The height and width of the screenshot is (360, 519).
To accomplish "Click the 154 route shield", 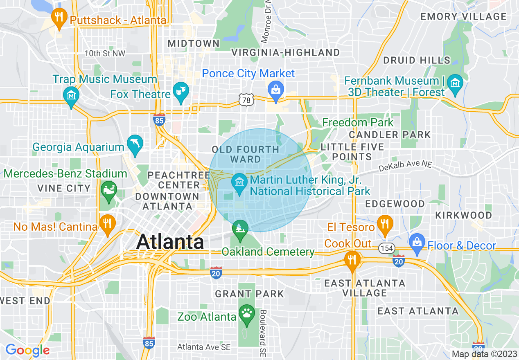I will pyautogui.click(x=386, y=248).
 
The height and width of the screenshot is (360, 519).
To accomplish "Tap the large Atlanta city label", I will pyautogui.click(x=170, y=241).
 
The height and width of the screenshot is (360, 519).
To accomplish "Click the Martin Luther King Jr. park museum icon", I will pyautogui.click(x=239, y=183).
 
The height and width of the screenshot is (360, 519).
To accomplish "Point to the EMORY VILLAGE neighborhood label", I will pyautogui.click(x=463, y=17).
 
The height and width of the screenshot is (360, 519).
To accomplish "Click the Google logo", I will pyautogui.click(x=27, y=350).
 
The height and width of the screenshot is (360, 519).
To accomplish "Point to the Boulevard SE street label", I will pyautogui.click(x=262, y=332).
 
